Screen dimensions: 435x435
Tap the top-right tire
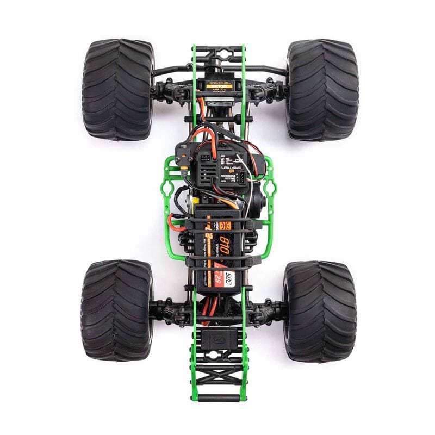click(322, 90)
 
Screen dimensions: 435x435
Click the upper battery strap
click(217, 233)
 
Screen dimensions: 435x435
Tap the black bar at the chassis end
click(217, 398)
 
